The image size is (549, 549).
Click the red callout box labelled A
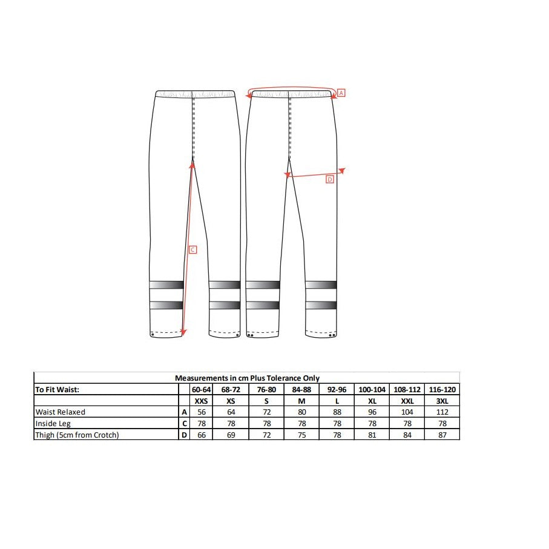tap(341, 93)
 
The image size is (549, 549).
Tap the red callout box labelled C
tap(192, 249)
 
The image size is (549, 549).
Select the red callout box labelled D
tap(330, 179)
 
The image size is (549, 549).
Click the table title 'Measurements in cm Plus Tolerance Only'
tap(247, 378)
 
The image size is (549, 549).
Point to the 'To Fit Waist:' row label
tap(57, 390)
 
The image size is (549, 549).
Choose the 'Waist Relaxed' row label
tap(60, 412)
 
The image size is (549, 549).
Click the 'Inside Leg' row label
tap(53, 424)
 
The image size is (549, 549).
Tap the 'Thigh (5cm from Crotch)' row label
tap(77, 435)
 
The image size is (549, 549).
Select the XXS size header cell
tap(202, 401)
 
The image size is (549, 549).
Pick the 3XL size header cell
tap(442, 401)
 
